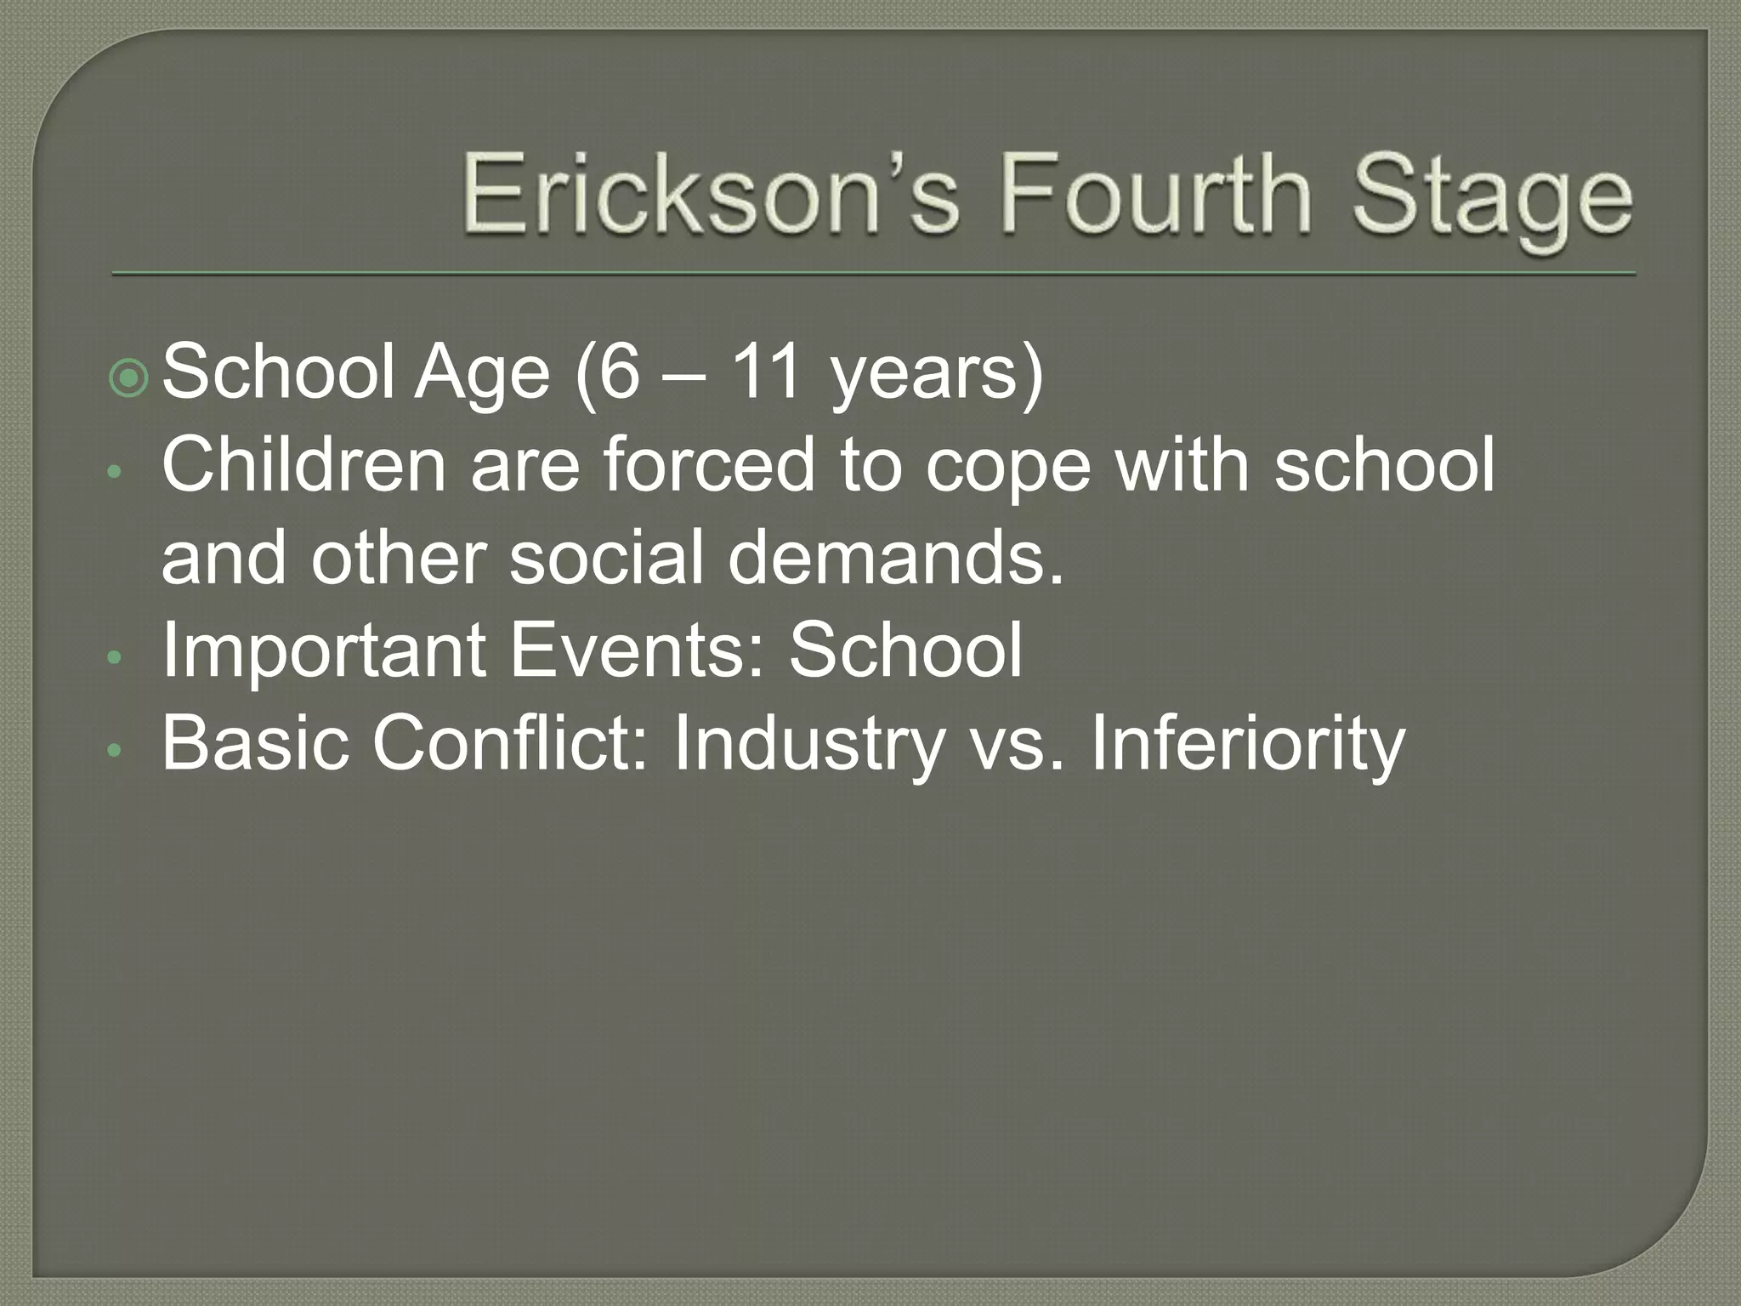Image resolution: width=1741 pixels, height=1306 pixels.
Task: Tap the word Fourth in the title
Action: click(1157, 196)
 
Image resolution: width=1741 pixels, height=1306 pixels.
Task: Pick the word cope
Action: click(1007, 468)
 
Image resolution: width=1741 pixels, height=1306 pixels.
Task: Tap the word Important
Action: click(324, 650)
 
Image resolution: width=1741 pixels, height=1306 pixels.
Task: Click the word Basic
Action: click(255, 743)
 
